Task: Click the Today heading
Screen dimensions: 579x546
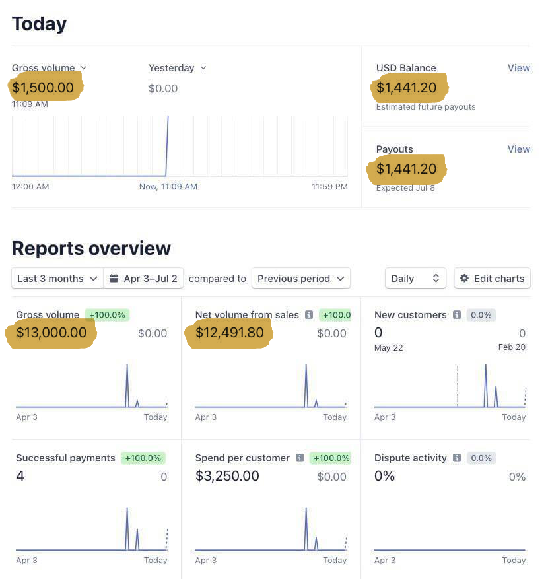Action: (39, 24)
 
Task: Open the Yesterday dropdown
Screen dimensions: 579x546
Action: (177, 68)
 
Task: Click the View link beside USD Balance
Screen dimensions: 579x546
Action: (518, 68)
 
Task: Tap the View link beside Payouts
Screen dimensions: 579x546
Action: (518, 149)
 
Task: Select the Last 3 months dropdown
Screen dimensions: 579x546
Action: (57, 279)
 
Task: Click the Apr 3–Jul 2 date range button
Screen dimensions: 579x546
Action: (143, 279)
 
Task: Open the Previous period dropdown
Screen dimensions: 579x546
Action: (300, 279)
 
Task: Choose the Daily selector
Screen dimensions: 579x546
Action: (415, 279)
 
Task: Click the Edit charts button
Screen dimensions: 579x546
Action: (492, 279)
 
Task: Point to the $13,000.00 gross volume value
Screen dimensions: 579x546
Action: (51, 333)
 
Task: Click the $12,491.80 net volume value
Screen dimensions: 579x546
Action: (229, 333)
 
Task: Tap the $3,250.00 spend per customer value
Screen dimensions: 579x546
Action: (227, 476)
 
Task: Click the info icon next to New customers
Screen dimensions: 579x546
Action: (456, 315)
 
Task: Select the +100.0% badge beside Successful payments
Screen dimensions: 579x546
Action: (143, 458)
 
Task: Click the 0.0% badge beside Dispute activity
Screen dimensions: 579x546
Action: (481, 458)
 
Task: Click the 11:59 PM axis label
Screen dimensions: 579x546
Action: (329, 187)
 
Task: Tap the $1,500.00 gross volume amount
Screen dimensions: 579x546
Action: (43, 86)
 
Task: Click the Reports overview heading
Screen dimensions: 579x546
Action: (91, 248)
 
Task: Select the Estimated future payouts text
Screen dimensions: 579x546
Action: (426, 107)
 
